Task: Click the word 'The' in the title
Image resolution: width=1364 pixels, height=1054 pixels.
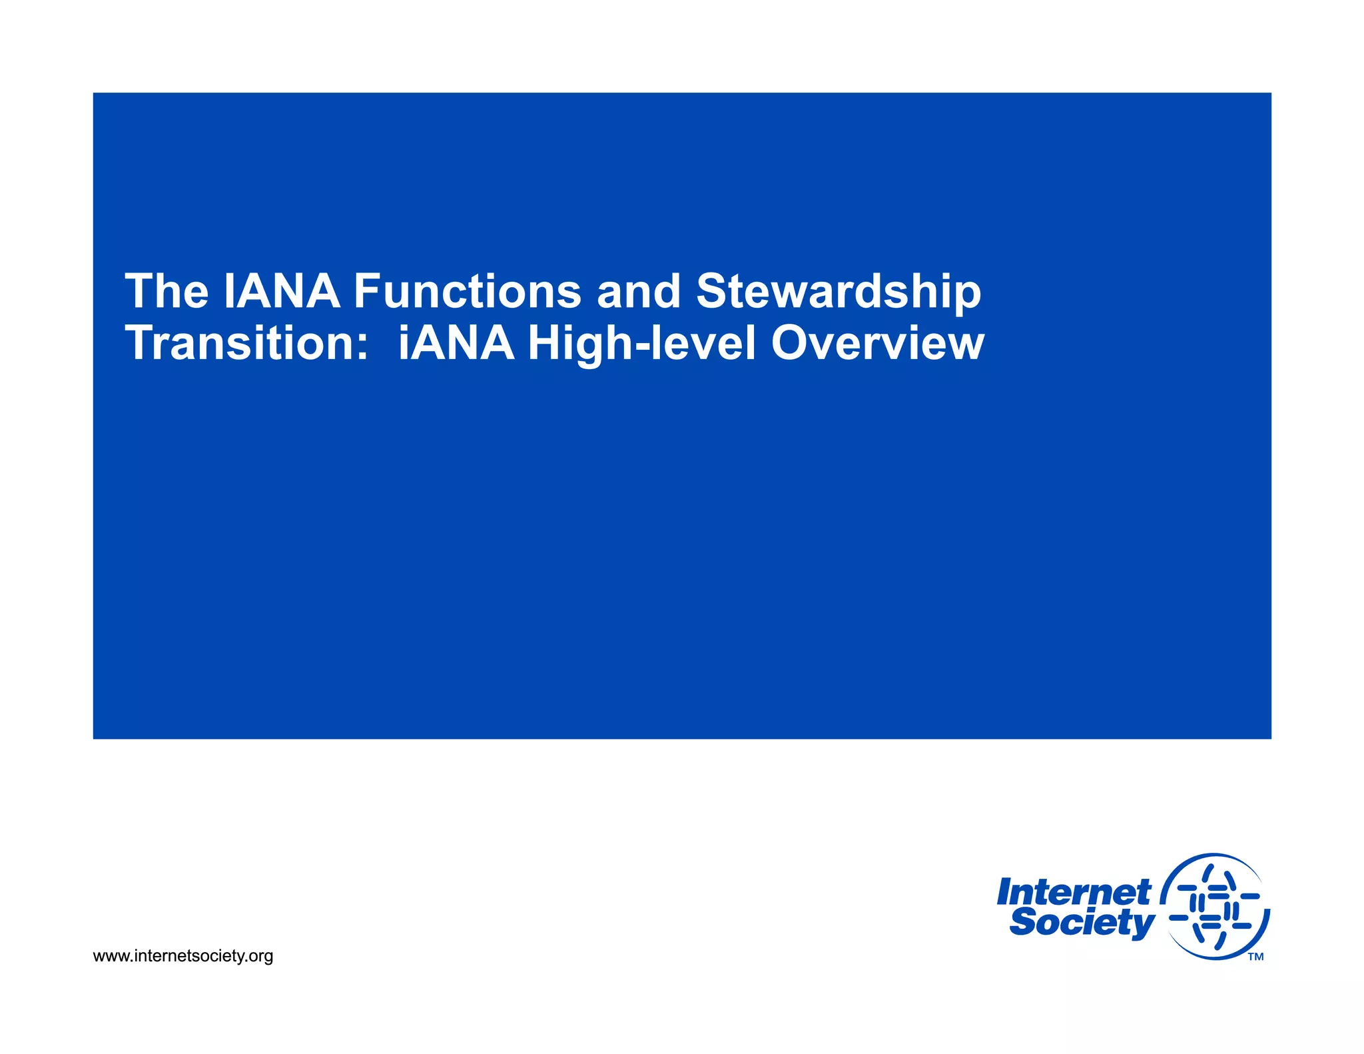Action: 167,292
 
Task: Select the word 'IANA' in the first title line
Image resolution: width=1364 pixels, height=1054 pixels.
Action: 282,292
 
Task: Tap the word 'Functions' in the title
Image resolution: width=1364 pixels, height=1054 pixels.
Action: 467,292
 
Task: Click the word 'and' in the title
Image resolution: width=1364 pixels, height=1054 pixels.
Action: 639,292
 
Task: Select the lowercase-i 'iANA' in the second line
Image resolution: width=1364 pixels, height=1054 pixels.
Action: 456,344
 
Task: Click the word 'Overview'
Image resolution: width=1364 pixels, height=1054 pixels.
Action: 877,344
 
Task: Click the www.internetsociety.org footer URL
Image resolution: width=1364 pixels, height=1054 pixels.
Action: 183,956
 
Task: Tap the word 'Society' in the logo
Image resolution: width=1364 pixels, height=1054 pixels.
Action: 1082,923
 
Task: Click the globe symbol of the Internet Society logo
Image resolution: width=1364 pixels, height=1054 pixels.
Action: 1215,906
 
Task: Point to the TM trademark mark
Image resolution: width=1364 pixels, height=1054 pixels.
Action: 1255,957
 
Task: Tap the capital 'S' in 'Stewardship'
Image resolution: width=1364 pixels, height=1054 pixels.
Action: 713,292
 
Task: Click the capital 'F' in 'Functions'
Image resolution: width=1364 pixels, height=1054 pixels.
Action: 367,292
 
